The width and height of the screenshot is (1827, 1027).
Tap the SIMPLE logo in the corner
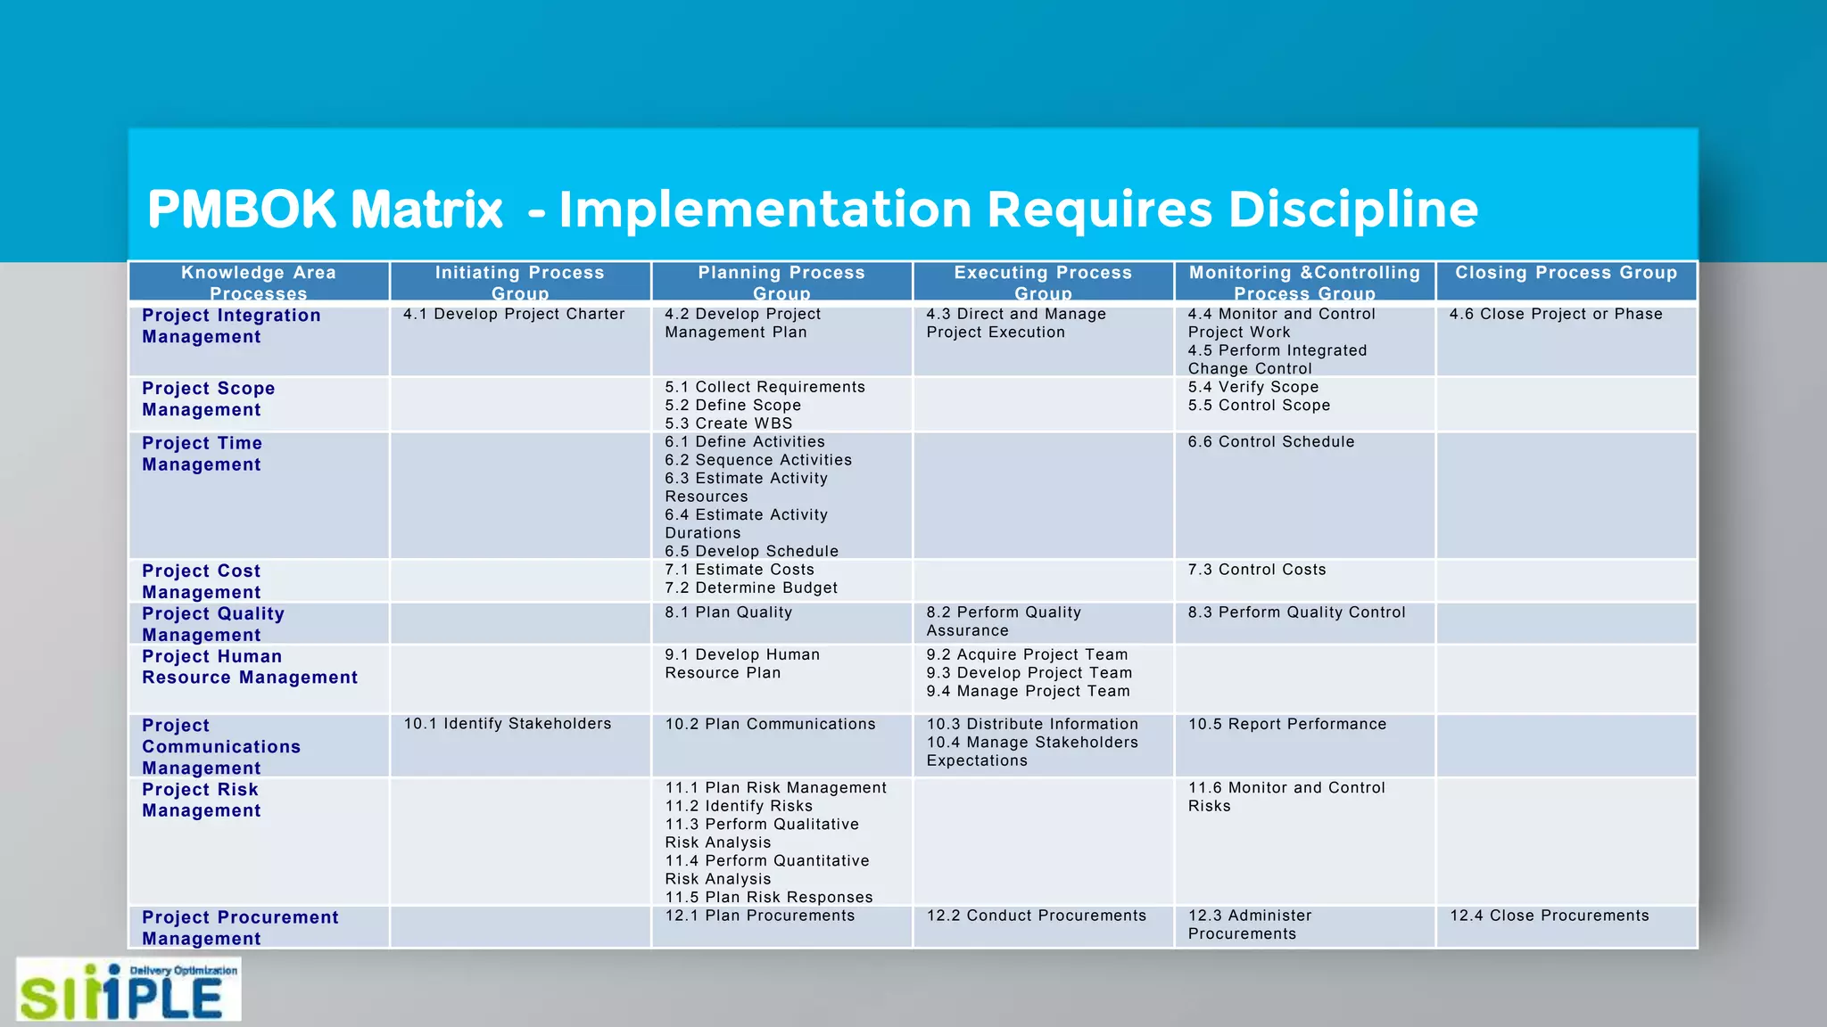128,990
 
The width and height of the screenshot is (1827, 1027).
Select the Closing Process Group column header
1566,273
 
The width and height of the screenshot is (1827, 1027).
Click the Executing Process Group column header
1043,282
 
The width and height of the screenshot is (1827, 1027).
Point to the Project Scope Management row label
208,399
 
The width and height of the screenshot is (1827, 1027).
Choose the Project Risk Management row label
201,800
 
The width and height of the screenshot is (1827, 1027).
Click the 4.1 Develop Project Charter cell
514,314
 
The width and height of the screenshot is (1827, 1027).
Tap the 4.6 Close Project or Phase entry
1556,314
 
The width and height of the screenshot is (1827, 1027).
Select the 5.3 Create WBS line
728,423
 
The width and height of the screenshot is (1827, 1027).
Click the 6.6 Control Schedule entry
1270,441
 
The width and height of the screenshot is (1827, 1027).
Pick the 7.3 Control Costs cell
1256,570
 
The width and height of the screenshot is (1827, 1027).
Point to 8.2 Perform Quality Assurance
1003,621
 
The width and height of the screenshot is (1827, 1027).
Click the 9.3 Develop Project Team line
1029,673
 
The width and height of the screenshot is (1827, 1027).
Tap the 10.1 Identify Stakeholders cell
507,724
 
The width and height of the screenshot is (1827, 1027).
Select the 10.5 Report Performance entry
1286,724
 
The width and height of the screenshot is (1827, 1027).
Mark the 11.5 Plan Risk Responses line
768,897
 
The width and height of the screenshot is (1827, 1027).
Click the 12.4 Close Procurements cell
1549,916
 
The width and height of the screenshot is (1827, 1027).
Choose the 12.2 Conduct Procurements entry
1036,916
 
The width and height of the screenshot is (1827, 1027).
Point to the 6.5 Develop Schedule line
751,551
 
